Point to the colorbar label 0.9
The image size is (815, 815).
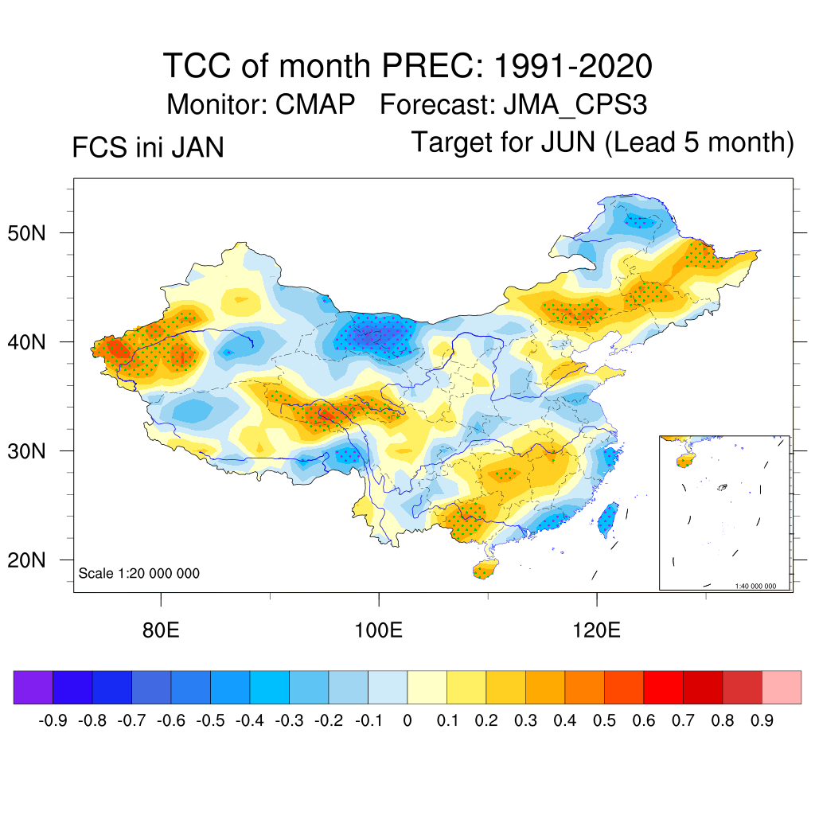762,721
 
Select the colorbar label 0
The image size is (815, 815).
407,721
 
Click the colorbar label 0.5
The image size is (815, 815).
605,721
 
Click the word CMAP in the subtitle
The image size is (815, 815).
315,104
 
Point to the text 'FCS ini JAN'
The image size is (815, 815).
148,148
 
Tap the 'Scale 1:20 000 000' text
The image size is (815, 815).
139,574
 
